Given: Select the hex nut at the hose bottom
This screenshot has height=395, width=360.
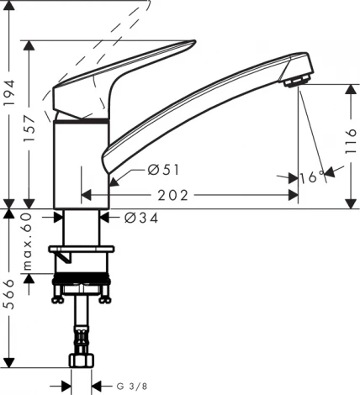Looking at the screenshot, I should (82, 361).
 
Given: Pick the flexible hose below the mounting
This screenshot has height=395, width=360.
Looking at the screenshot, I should (82, 328).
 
